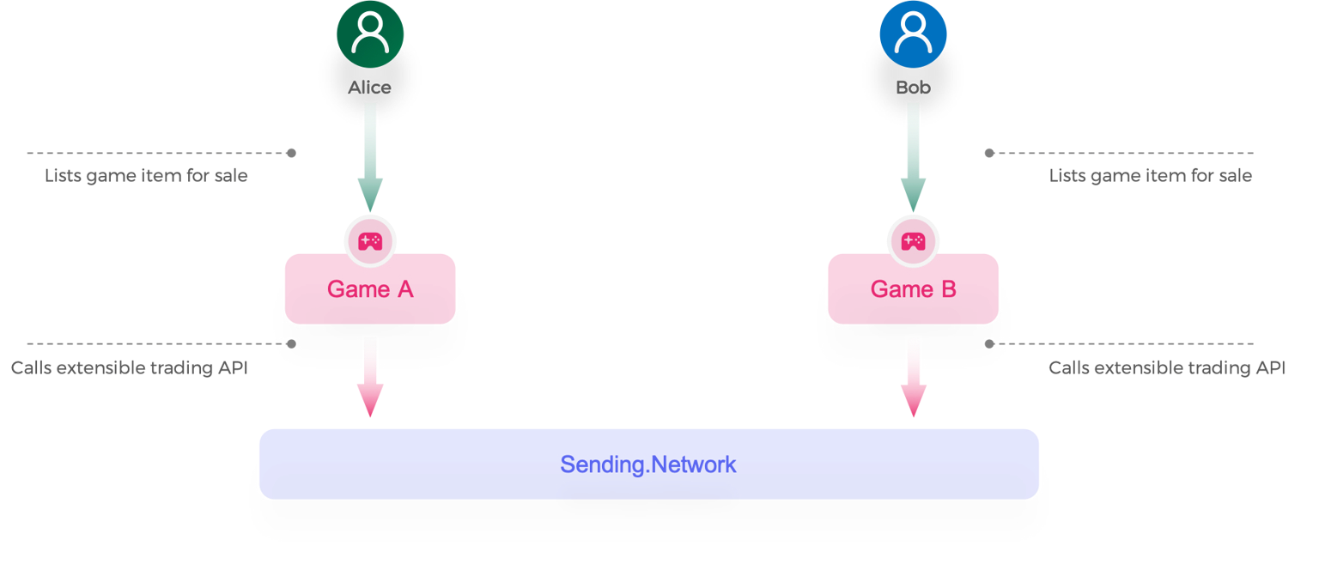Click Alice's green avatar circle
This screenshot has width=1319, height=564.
click(x=370, y=39)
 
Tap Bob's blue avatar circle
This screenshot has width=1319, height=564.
click(x=913, y=39)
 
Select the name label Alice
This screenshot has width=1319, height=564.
click(x=370, y=88)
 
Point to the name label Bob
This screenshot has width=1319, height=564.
click(x=913, y=88)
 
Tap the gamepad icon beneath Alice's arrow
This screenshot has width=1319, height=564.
click(x=369, y=241)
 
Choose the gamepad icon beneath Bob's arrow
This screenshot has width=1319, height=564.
click(x=912, y=241)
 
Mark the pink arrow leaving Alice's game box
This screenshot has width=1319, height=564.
click(x=370, y=378)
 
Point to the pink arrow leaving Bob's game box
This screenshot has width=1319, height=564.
click(x=913, y=378)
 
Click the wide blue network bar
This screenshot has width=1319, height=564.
click(x=649, y=464)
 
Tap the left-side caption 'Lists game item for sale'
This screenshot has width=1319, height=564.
click(x=146, y=177)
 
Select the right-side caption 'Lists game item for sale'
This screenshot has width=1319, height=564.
click(x=1151, y=177)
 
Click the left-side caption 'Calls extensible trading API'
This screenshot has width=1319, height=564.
click(x=130, y=368)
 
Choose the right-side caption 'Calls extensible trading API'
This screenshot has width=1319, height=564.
click(x=1167, y=368)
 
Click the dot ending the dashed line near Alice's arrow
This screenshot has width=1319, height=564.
click(x=292, y=153)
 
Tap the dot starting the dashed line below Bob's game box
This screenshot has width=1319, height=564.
click(x=989, y=343)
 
